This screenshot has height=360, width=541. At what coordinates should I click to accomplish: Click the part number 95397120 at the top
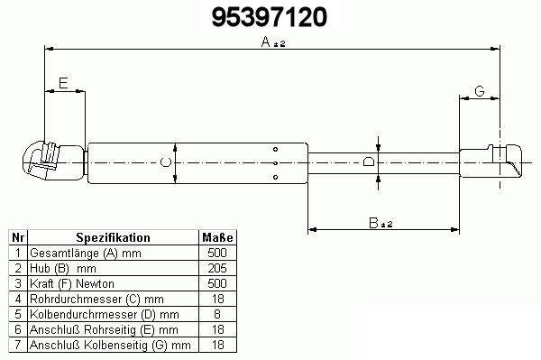(x=269, y=17)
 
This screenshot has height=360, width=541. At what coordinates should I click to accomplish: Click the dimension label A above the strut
(x=266, y=42)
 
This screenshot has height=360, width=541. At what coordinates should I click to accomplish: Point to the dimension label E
(x=63, y=83)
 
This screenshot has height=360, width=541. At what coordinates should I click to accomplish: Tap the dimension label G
(x=480, y=91)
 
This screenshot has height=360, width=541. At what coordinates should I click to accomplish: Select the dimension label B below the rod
(x=373, y=223)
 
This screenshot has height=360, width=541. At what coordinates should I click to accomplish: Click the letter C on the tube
(x=166, y=162)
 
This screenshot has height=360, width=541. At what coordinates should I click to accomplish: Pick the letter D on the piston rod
(x=369, y=162)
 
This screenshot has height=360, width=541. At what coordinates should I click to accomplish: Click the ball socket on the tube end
(x=53, y=161)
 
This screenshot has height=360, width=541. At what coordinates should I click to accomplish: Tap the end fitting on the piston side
(x=491, y=162)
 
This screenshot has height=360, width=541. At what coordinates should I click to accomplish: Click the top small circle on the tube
(x=275, y=149)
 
